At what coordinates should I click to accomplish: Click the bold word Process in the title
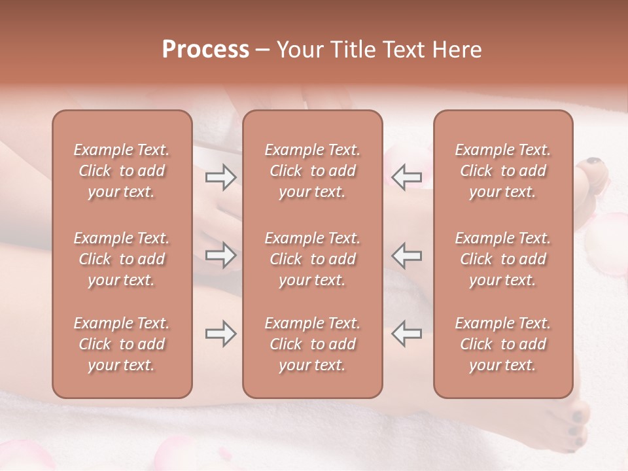205,50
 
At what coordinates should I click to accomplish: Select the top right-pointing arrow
221,177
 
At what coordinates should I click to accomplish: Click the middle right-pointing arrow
221,255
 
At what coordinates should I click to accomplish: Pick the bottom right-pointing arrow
221,334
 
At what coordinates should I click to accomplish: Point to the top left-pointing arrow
406,177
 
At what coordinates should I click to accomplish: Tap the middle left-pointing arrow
406,255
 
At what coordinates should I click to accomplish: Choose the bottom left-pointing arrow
406,334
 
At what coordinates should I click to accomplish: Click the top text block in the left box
122,171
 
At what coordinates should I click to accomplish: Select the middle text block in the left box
122,259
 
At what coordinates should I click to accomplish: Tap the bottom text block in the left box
122,344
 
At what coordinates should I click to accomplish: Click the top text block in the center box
312,171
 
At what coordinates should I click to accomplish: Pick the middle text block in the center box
312,259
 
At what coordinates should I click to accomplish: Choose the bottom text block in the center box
312,344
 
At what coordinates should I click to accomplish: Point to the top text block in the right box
502,171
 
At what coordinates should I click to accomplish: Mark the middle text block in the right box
502,259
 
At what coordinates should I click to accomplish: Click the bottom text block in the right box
502,344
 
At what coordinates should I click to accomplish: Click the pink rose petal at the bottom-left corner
26,457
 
